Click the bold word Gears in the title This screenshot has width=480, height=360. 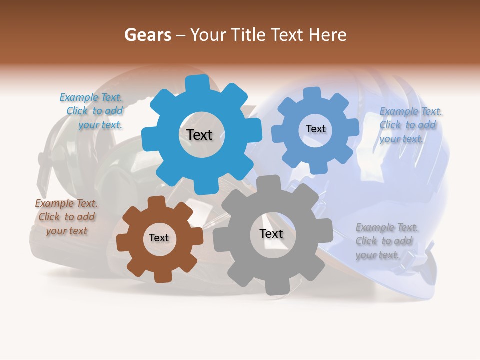(x=147, y=35)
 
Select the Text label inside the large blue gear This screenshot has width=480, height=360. (x=199, y=135)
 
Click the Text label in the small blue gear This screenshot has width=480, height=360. (x=315, y=129)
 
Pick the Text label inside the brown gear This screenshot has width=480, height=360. (x=159, y=238)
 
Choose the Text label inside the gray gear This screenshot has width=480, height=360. (x=271, y=233)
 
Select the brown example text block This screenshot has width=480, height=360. (x=66, y=217)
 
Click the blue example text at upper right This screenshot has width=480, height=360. (x=409, y=125)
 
